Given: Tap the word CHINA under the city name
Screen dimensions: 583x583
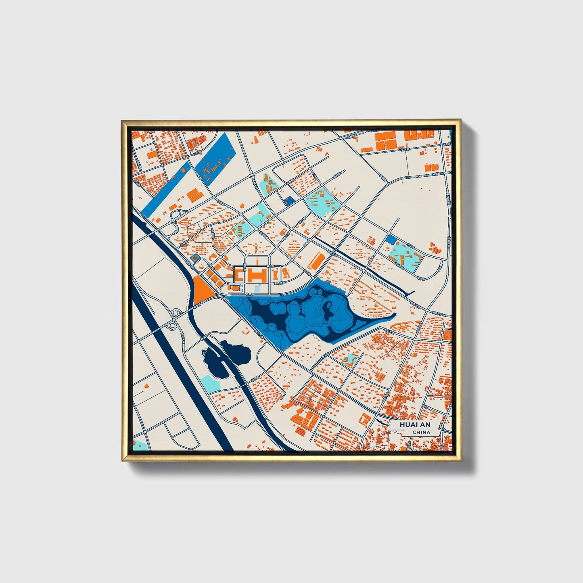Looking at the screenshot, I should tap(421, 433).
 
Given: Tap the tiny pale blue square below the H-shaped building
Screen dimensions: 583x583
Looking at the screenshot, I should tap(257, 289).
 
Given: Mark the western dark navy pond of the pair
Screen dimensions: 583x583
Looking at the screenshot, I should tap(211, 362).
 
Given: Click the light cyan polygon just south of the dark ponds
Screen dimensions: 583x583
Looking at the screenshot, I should tap(210, 382).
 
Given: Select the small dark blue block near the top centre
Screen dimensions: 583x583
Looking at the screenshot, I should tap(288, 201).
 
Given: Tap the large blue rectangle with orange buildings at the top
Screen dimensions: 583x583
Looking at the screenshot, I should tap(214, 158).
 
